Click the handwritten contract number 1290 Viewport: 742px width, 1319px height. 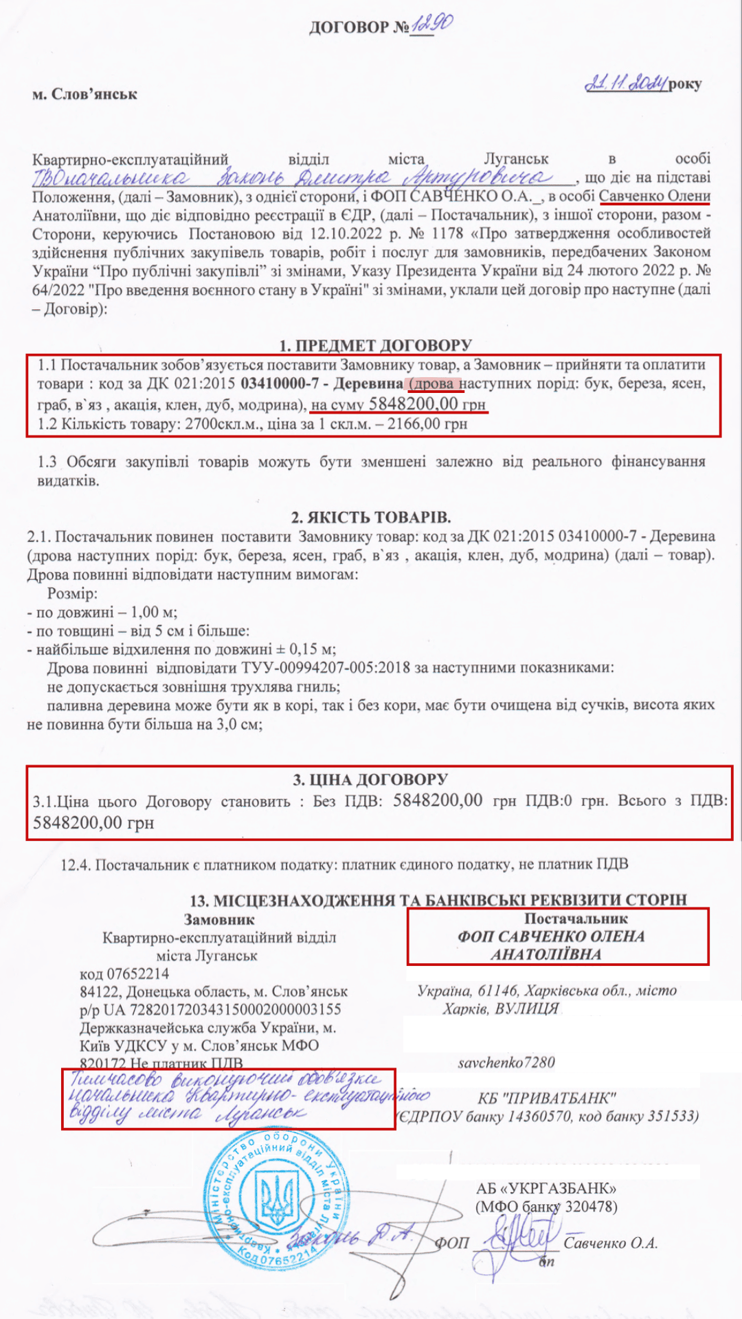(431, 26)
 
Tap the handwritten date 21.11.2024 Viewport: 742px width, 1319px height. (625, 83)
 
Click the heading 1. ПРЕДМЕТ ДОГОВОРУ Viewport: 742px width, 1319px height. (375, 345)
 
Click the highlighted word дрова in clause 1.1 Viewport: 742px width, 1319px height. (434, 383)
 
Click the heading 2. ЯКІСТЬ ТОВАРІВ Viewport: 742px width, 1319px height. (371, 517)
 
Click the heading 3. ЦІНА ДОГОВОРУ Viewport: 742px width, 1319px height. (370, 780)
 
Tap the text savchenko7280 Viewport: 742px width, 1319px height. (506, 1062)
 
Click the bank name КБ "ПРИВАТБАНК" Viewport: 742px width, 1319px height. (547, 1097)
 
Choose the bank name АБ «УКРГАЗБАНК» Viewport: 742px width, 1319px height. (546, 1188)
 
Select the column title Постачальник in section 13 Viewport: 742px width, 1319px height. (576, 918)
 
